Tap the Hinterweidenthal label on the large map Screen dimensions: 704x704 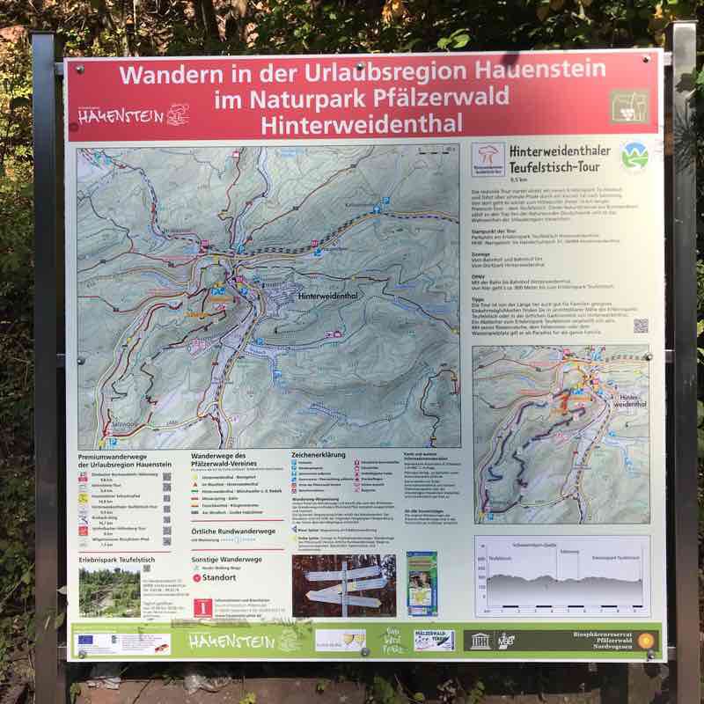(338, 297)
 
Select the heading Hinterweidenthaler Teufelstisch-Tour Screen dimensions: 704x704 (559, 158)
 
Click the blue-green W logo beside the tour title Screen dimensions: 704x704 (634, 157)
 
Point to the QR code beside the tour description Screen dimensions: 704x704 (641, 326)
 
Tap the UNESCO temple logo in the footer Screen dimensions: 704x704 (480, 640)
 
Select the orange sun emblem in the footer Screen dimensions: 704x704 (646, 640)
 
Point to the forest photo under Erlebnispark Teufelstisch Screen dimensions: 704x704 (109, 590)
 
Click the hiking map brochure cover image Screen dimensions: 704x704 (422, 583)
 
